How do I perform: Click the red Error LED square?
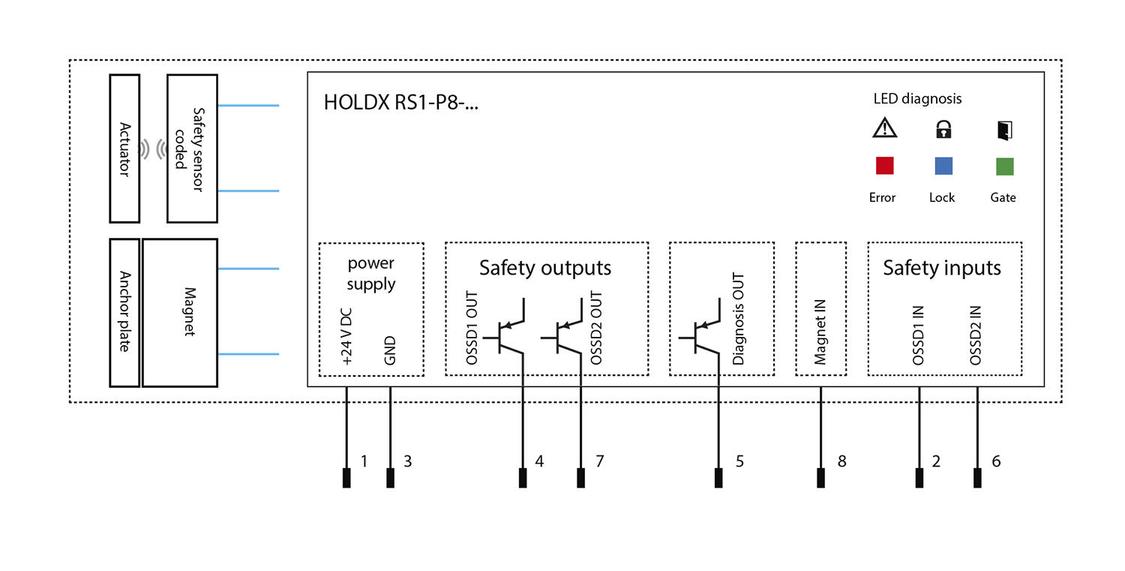[x=885, y=165]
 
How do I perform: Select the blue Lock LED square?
[x=943, y=165]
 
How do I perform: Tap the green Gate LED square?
[x=1004, y=166]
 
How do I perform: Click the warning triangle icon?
[x=885, y=129]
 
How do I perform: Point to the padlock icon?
[x=943, y=130]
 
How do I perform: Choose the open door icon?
[x=1004, y=130]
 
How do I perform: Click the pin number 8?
[x=841, y=461]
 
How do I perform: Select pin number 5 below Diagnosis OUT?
[x=739, y=461]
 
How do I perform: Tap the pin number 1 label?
[x=364, y=461]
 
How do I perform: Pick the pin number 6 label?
[x=996, y=461]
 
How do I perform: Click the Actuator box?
[x=124, y=149]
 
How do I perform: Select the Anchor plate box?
[x=124, y=312]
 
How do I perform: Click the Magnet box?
[x=180, y=312]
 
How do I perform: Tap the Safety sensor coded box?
[x=192, y=149]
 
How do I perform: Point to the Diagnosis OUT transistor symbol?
[x=701, y=334]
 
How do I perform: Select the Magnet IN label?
[x=820, y=330]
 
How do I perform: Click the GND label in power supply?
[x=390, y=350]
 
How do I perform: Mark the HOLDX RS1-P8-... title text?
[x=400, y=103]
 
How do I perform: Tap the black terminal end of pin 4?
[x=523, y=478]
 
